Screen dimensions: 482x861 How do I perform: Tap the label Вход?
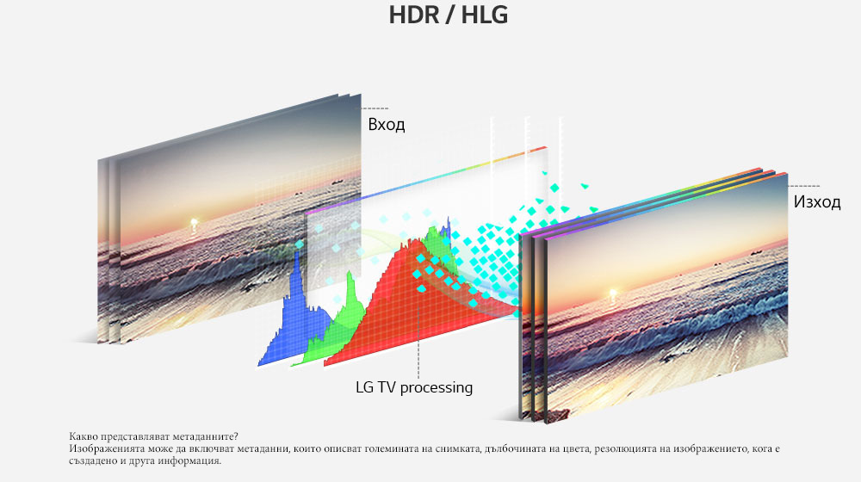pyautogui.click(x=386, y=125)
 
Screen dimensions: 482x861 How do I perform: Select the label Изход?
pyautogui.click(x=817, y=202)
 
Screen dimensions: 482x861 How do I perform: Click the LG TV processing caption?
pyautogui.click(x=414, y=387)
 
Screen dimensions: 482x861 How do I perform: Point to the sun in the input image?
pyautogui.click(x=194, y=223)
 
